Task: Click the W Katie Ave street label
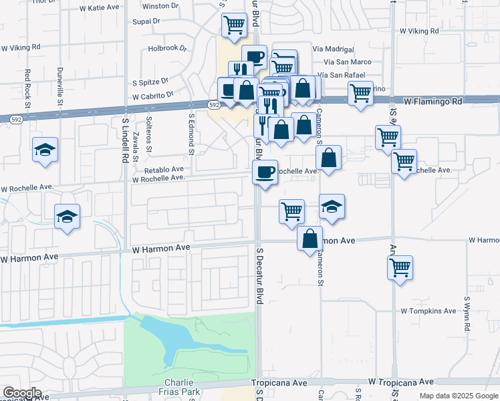[x=99, y=9]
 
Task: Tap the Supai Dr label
[x=147, y=21]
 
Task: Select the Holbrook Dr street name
[x=167, y=48]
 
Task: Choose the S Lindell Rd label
[x=125, y=140]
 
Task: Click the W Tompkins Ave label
[x=428, y=311]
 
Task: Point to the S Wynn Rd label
[x=466, y=315]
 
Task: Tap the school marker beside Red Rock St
[x=45, y=150]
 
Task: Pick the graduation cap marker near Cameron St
[x=332, y=207]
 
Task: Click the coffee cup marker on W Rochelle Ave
[x=265, y=172]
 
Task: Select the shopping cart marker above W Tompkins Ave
[x=400, y=267]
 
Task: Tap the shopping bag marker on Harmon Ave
[x=309, y=239]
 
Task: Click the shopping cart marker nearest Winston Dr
[x=235, y=25]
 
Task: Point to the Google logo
[x=22, y=393]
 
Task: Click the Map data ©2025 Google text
[x=459, y=396]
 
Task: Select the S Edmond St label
[x=191, y=133]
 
